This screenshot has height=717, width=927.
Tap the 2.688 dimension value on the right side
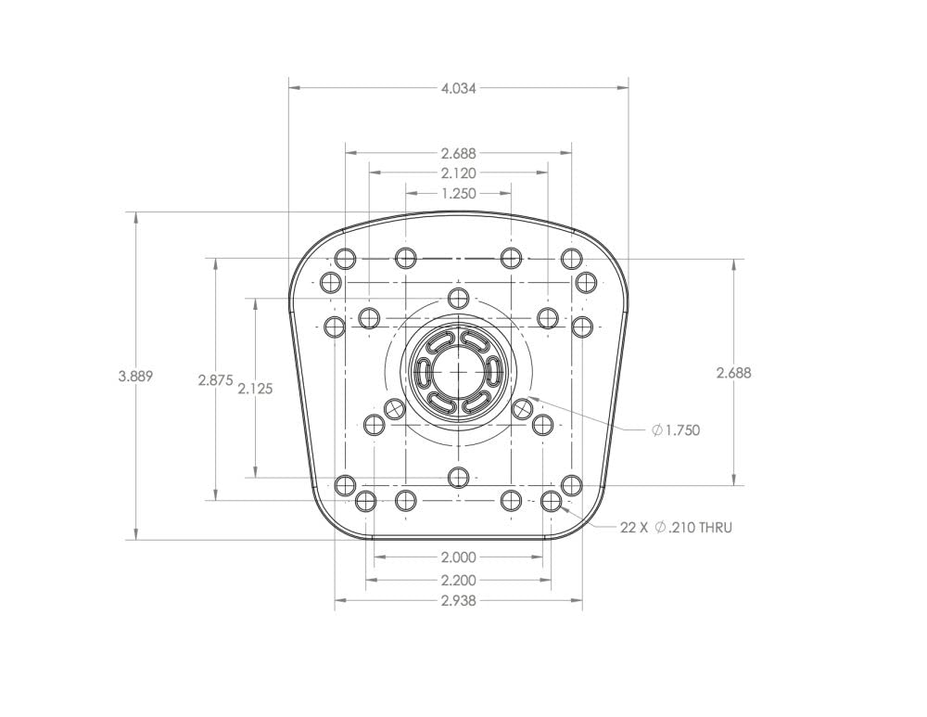point(733,373)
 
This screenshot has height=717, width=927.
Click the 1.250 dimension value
point(458,194)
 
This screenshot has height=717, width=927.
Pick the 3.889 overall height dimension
point(135,377)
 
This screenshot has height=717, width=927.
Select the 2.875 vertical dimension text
point(215,380)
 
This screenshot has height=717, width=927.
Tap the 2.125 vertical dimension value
point(255,390)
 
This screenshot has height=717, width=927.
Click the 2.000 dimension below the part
point(458,558)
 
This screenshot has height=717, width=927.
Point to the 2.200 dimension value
point(458,581)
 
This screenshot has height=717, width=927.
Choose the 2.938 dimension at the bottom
point(458,601)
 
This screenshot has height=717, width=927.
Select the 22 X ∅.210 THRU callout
point(676,528)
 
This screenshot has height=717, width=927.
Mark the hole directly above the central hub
point(458,298)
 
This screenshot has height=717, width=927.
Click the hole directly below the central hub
point(458,478)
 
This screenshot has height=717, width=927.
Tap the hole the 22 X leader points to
point(552,502)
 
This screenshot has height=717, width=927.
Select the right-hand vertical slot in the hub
point(493,372)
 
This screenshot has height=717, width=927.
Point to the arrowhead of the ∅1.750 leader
point(530,399)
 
